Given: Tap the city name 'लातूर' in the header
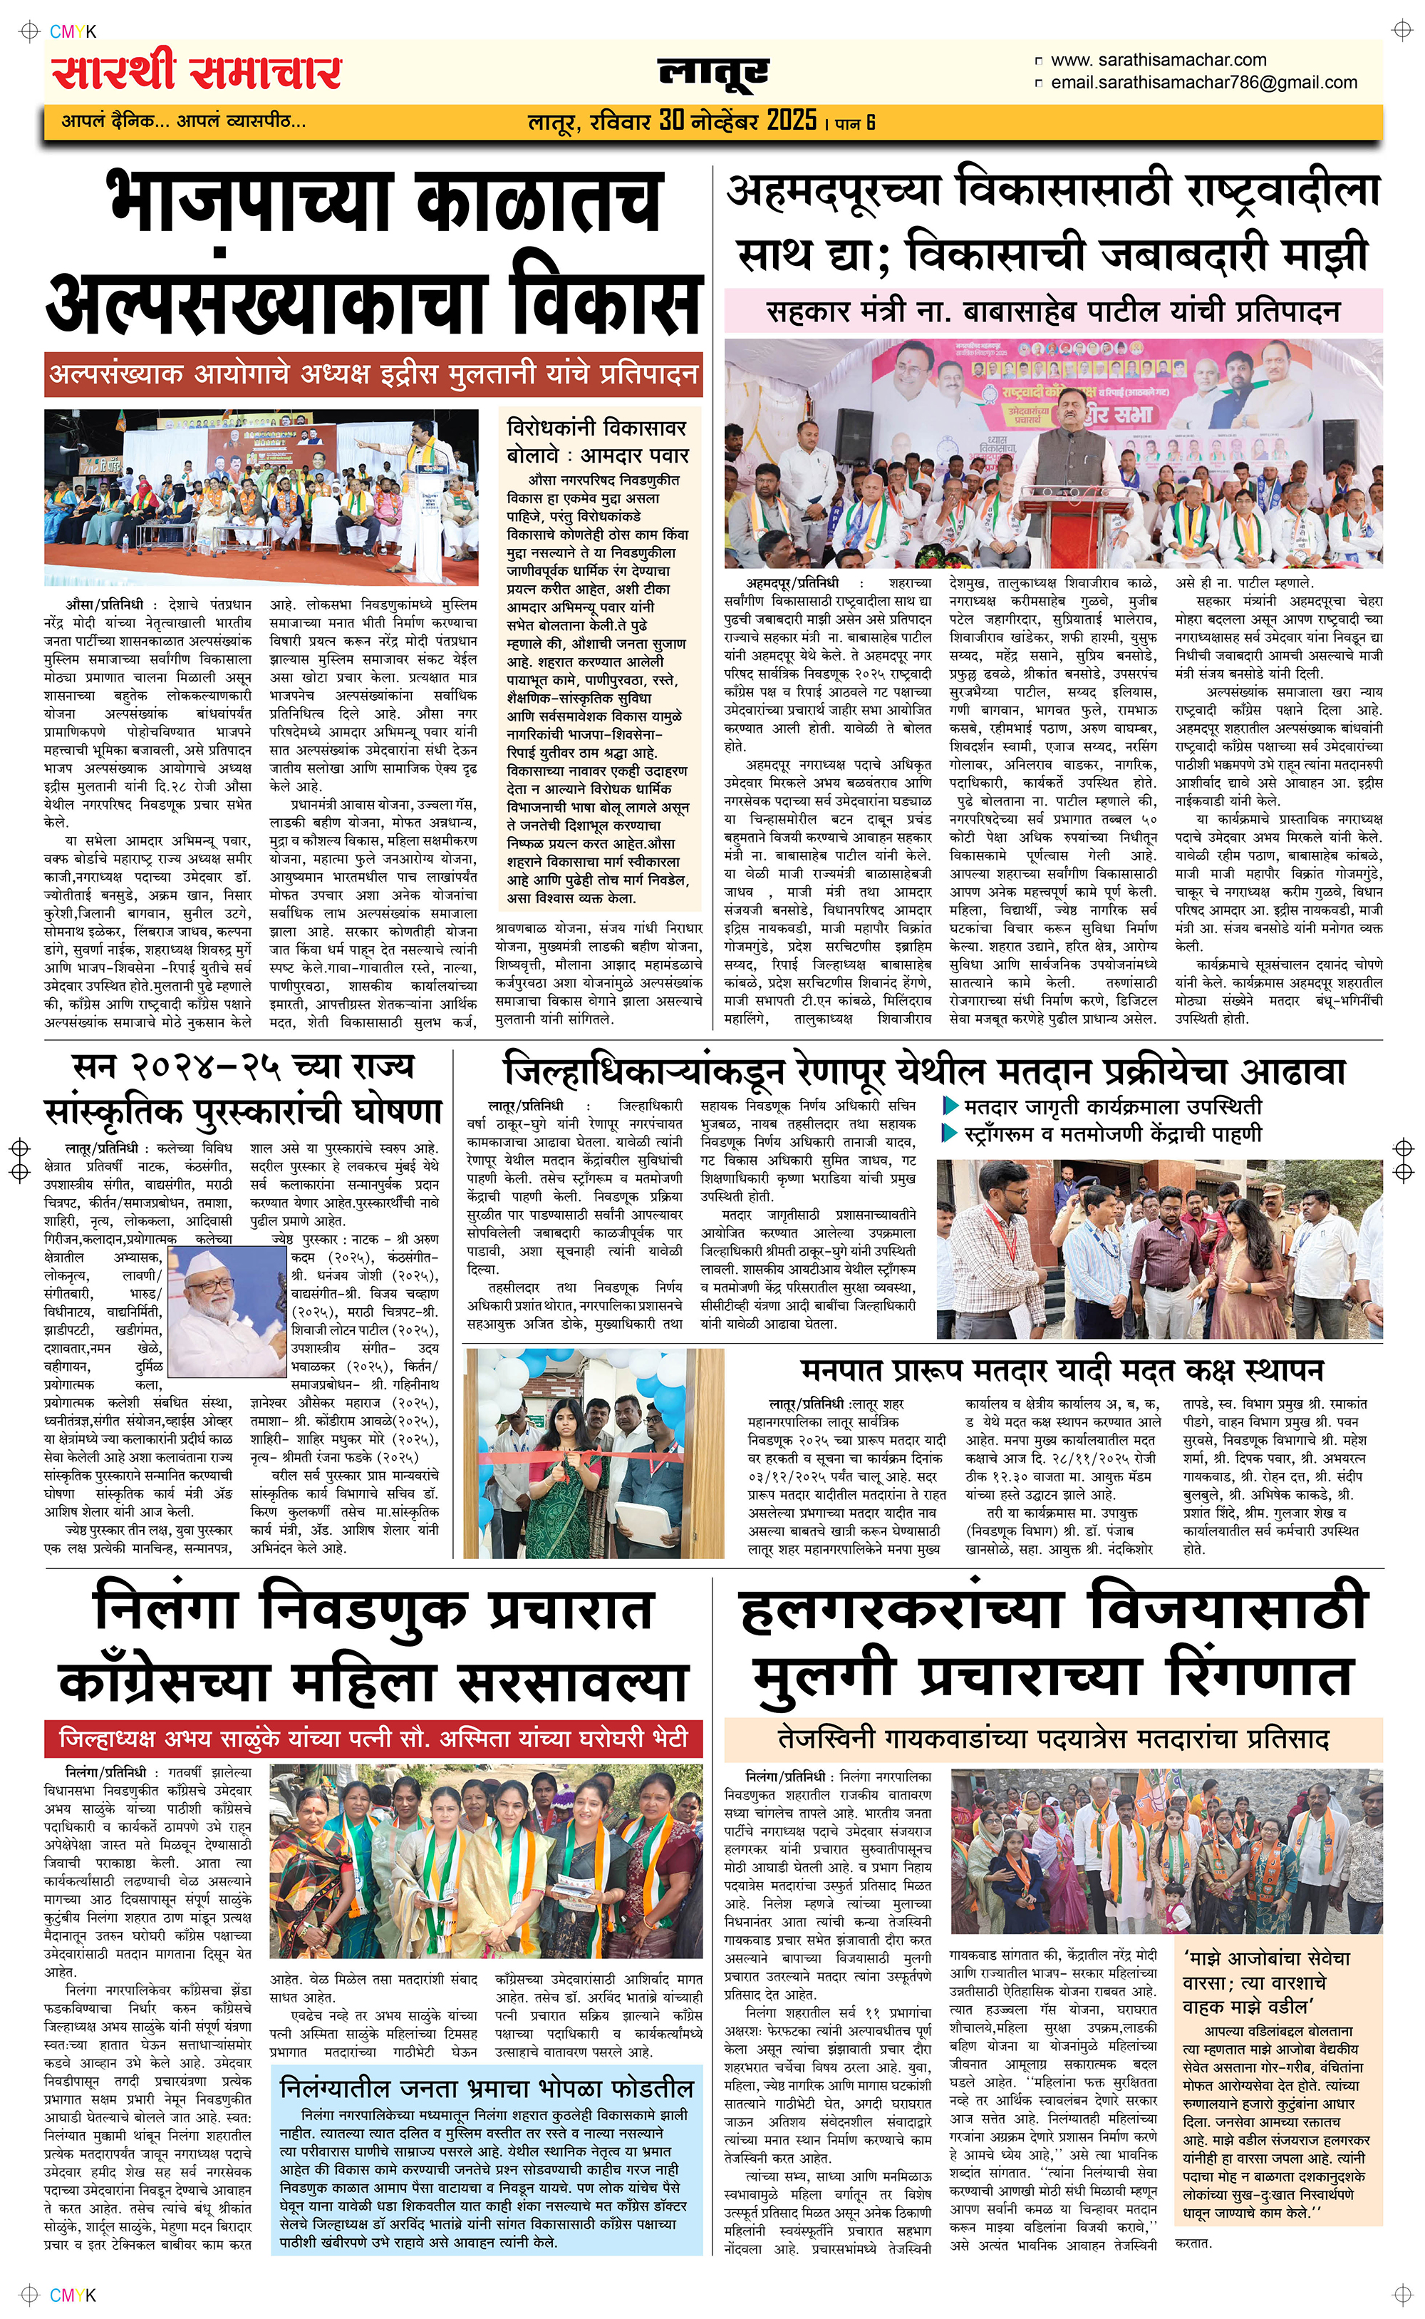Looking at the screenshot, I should [713, 73].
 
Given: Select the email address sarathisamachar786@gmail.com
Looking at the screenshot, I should [1203, 83].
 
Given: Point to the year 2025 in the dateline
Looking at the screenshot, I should [791, 120].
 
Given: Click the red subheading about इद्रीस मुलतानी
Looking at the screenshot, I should [373, 375].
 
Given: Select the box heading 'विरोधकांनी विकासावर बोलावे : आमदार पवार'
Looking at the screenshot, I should [598, 441].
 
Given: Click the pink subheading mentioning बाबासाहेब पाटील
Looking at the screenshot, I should [1053, 311].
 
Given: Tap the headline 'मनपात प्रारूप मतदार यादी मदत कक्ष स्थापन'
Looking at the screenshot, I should [1062, 1371].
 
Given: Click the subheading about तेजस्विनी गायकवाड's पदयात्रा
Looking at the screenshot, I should [1053, 1737].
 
